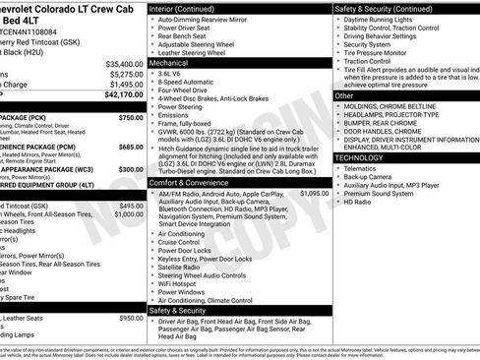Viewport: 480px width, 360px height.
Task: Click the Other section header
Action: tap(344, 96)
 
